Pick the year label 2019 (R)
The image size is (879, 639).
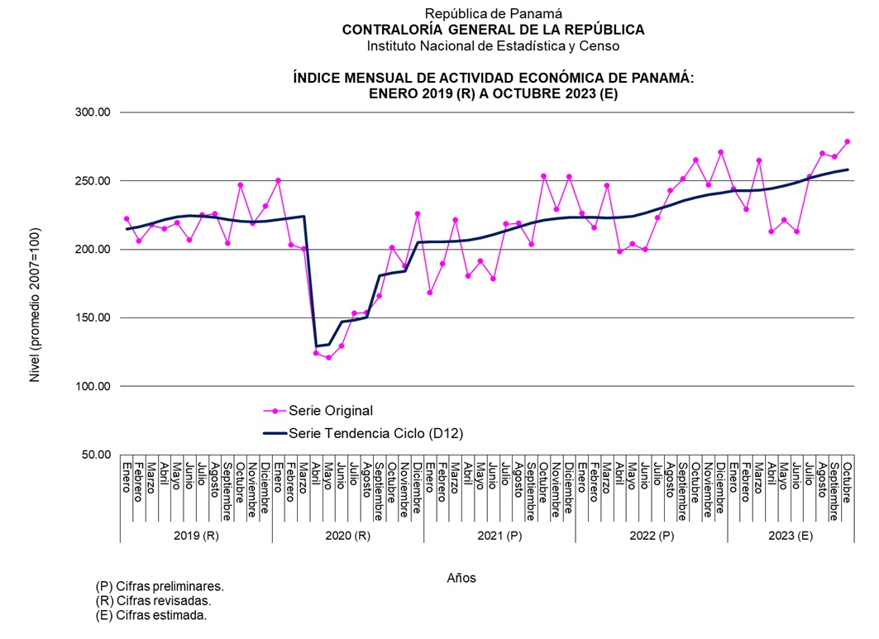click(196, 536)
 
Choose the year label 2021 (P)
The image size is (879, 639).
click(499, 536)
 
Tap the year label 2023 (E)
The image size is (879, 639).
click(791, 536)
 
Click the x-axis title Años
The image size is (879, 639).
click(461, 578)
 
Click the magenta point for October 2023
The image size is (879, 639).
click(848, 141)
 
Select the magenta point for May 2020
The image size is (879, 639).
click(328, 358)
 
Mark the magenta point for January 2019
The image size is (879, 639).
click(127, 219)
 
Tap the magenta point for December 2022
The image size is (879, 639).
click(721, 152)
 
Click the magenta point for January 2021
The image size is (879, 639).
click(429, 293)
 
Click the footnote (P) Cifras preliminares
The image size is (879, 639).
click(160, 586)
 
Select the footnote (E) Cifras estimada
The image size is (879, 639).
click(151, 616)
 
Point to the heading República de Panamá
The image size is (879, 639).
click(493, 13)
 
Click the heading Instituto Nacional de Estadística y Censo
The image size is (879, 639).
click(493, 46)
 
